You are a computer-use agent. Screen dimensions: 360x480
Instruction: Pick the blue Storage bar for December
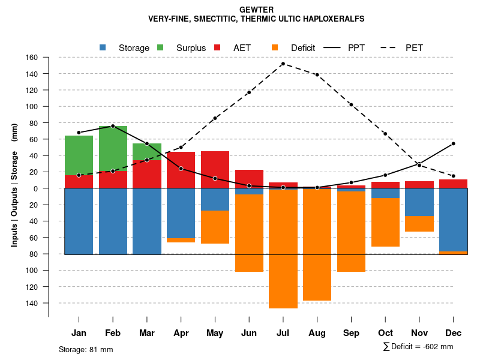click(x=454, y=220)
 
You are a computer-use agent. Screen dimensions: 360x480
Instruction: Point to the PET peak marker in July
click(x=283, y=64)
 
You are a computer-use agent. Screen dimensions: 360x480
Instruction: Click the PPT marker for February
click(x=113, y=126)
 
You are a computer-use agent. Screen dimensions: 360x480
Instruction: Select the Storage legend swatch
click(x=103, y=47)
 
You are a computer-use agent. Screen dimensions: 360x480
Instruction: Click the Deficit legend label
click(x=302, y=48)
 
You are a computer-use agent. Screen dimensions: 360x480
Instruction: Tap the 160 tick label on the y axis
click(x=32, y=58)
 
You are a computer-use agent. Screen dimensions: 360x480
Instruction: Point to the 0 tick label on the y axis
click(x=35, y=188)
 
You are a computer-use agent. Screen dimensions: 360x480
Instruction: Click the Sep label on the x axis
click(x=351, y=333)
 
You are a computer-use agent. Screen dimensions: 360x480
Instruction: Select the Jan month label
click(x=79, y=333)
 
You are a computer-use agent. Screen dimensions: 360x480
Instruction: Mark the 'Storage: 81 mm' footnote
click(x=86, y=349)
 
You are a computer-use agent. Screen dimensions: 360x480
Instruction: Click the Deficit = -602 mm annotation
click(x=418, y=347)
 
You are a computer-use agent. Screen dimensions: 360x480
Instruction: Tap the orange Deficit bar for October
click(x=385, y=222)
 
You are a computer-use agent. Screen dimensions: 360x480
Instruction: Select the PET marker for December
click(x=454, y=176)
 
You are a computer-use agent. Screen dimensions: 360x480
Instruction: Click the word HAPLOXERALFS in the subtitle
click(x=330, y=19)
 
